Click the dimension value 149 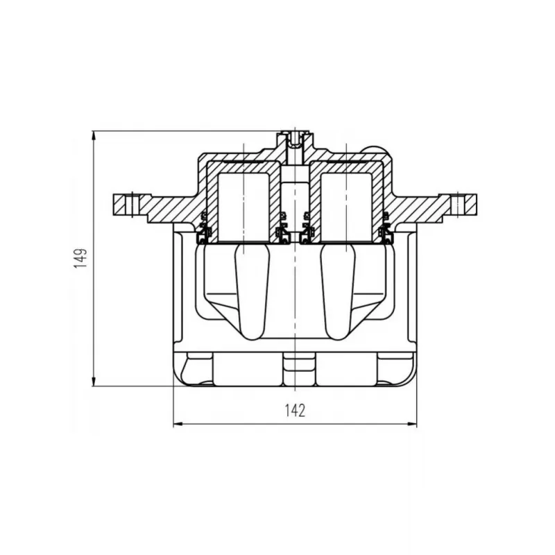click(x=81, y=258)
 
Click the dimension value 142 click(x=295, y=410)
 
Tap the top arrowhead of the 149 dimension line click(x=94, y=137)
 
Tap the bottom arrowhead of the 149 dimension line click(x=94, y=380)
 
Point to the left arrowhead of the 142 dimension click(x=179, y=423)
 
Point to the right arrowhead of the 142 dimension click(x=411, y=423)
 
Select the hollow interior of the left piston click(x=244, y=206)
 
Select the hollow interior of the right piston click(x=345, y=206)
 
